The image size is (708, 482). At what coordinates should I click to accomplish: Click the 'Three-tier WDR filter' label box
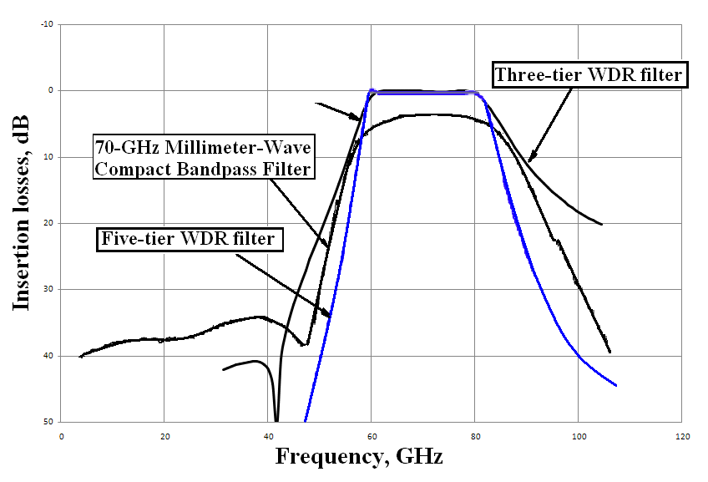(x=589, y=75)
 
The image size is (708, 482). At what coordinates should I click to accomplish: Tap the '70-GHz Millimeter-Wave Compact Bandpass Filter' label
(x=203, y=159)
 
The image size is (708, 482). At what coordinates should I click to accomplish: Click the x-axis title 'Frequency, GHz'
(x=359, y=457)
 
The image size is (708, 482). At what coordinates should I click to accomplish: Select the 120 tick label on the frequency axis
(x=682, y=436)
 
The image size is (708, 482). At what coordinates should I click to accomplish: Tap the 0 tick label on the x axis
(x=61, y=436)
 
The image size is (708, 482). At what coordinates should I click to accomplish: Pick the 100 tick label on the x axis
(x=579, y=436)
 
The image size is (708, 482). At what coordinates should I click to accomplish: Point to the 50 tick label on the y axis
(x=48, y=422)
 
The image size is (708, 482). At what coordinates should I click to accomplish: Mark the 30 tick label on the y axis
(x=48, y=290)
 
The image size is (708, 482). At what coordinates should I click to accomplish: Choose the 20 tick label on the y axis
(x=48, y=223)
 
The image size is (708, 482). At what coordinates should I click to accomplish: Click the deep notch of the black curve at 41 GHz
(x=276, y=418)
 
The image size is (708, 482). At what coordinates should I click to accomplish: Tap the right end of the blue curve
(x=616, y=385)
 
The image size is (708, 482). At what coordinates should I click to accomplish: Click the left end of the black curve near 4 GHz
(x=80, y=357)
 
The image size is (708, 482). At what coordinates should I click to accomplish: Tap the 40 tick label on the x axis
(x=268, y=436)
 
